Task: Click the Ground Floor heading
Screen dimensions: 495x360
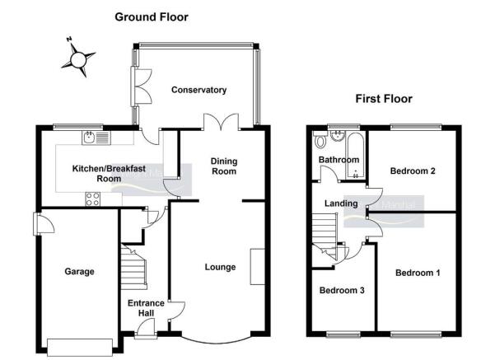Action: tap(152, 16)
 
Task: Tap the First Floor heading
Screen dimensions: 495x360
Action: tap(384, 99)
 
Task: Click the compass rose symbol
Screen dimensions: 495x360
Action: tap(78, 58)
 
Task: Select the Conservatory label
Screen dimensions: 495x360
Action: tap(198, 90)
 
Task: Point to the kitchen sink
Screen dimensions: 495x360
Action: tap(96, 138)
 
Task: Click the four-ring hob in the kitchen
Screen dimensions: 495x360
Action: tap(93, 199)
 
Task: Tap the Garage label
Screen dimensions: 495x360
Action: tap(79, 272)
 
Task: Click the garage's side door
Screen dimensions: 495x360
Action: tap(44, 223)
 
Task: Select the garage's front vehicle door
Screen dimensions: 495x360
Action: tap(80, 348)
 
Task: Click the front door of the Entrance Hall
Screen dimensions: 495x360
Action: tap(146, 329)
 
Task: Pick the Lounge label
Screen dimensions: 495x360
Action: tap(220, 267)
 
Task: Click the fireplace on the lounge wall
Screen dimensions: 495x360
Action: tap(258, 267)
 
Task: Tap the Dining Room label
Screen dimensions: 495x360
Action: tap(224, 166)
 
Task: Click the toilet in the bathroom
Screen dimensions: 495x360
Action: tap(320, 139)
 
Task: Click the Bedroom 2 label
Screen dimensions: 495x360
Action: tap(413, 171)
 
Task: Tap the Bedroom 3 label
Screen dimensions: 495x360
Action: tap(342, 290)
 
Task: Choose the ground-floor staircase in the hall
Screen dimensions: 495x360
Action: tap(134, 267)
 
